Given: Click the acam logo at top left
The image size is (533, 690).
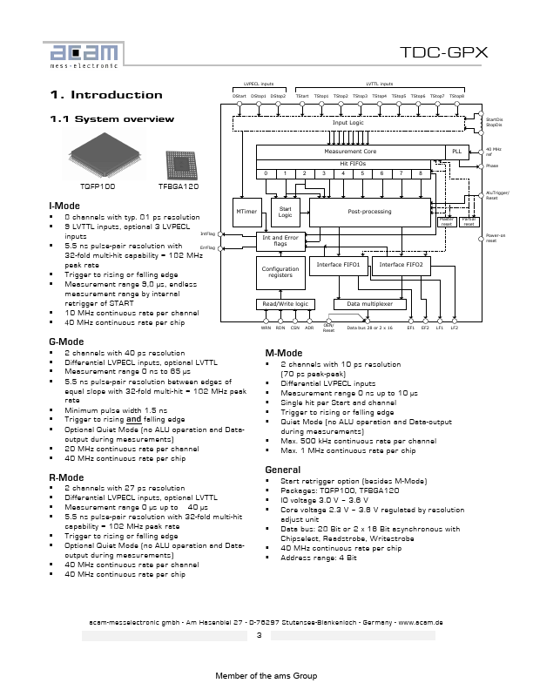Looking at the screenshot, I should (x=83, y=51).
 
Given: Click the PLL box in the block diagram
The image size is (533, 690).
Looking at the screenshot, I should (x=457, y=151).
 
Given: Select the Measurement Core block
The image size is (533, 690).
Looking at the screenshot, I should (x=349, y=151).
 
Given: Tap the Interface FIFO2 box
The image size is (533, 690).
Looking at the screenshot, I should (x=401, y=264).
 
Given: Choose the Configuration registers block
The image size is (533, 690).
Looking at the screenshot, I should (x=279, y=272).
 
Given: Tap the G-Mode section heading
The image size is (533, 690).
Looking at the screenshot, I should (x=66, y=341).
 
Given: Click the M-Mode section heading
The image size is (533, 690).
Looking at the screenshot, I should (x=283, y=354).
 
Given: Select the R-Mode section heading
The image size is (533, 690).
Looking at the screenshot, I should (x=66, y=477).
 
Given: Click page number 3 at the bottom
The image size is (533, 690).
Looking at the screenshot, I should (x=259, y=635).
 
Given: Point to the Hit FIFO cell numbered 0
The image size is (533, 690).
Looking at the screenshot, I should (x=266, y=173).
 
